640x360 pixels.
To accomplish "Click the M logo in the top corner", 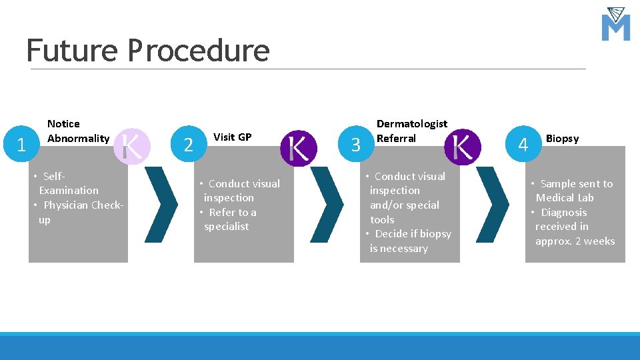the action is tap(615, 25).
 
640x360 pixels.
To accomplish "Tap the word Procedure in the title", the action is tap(199, 50).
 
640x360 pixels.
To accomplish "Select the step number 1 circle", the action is tap(21, 145).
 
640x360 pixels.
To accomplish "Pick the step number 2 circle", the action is tap(189, 145).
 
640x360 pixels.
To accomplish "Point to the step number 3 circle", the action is tap(355, 145).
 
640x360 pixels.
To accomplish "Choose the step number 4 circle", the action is tap(523, 145).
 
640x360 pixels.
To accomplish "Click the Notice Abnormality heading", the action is tap(78, 131).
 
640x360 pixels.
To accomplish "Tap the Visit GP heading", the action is tap(232, 137).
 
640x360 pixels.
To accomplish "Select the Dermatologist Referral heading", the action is tap(411, 131).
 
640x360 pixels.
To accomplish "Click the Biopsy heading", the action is tap(562, 139).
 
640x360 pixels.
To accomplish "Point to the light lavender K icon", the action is tap(132, 146).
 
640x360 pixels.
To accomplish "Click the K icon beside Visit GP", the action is tap(298, 147).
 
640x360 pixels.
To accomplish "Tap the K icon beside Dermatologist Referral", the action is tap(462, 147).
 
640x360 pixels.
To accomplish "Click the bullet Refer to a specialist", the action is tap(228, 219).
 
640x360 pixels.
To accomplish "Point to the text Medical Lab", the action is tap(565, 198).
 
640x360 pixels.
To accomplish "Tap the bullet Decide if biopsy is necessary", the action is tap(408, 241).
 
